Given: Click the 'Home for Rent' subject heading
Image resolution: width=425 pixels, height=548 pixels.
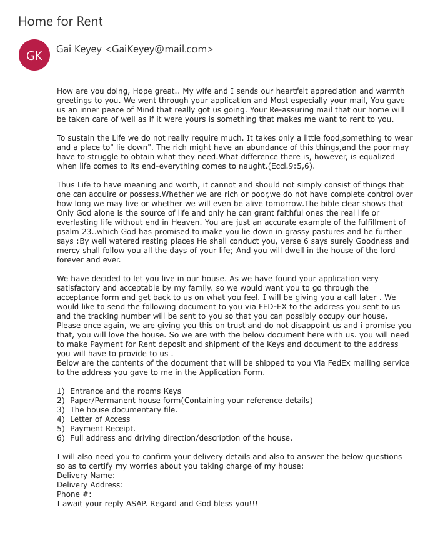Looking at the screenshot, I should [x=61, y=22].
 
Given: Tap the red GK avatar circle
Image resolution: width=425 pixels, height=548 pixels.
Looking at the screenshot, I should [x=34, y=56].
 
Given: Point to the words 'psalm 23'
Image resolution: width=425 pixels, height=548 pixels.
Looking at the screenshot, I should [x=72, y=232].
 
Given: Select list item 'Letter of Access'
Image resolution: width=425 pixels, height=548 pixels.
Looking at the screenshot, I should [x=100, y=419].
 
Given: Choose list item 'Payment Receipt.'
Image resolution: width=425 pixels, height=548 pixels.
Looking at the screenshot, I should [x=102, y=429].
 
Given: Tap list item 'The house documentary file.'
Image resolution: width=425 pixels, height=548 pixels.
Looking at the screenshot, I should [x=124, y=410].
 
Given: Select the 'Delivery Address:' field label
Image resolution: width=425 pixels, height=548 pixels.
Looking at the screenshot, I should [x=90, y=485].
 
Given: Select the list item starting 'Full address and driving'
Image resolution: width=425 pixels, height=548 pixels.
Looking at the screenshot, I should [x=181, y=438].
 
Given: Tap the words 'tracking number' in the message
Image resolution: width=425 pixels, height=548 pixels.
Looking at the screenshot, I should [x=103, y=316].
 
